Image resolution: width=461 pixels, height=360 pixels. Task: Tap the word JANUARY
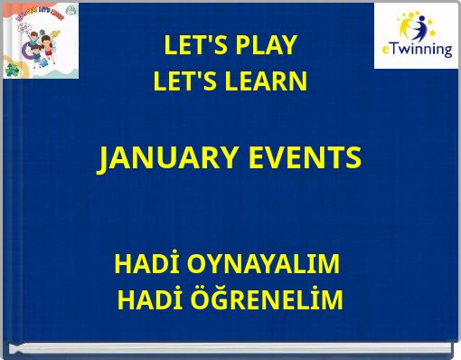(165, 158)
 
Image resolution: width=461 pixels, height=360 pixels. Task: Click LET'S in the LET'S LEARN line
(180, 82)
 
